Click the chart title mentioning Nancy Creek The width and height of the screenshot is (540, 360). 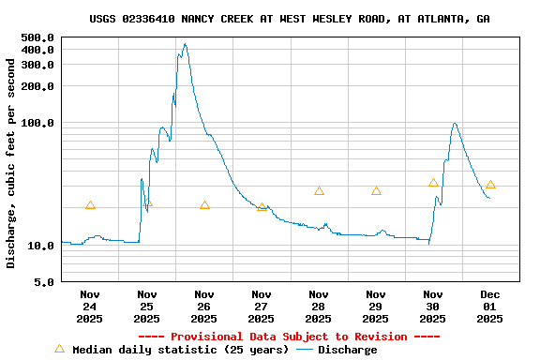point(290,19)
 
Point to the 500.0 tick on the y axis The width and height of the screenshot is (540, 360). point(37,37)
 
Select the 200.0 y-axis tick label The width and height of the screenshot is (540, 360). point(37,86)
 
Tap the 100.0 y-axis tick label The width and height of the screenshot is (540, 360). point(37,123)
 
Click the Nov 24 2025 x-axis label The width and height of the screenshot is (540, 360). point(90,307)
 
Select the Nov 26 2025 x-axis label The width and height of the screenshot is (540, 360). point(204,307)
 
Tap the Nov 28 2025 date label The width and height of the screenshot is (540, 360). point(319,307)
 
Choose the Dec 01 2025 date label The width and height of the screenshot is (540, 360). point(489,307)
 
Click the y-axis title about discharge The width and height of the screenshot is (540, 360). point(11,163)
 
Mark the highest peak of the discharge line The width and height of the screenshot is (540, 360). point(185,44)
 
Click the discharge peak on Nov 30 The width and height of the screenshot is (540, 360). point(455,123)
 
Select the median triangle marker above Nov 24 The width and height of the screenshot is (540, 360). point(90,205)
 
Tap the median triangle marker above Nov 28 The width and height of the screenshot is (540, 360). point(319,191)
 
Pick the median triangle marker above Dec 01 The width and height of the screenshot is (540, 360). point(490,186)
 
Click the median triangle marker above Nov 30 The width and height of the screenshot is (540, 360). point(433,183)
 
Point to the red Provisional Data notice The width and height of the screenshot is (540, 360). point(289,337)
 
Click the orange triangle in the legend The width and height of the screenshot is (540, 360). point(60,349)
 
